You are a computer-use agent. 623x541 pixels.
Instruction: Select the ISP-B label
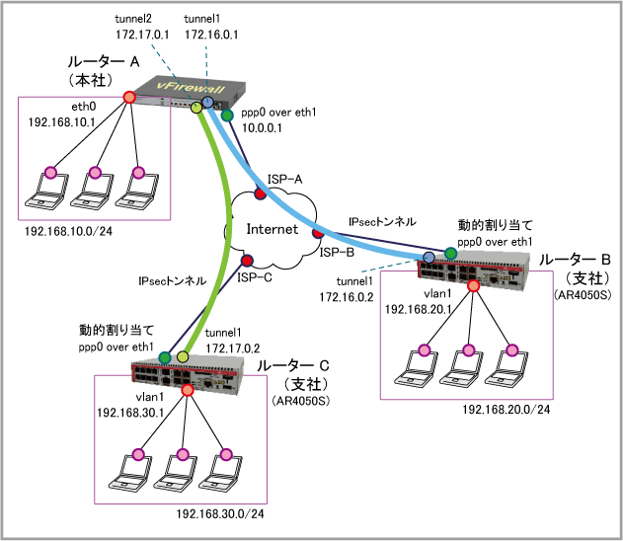click(338, 253)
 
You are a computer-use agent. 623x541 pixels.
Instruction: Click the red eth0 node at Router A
click(128, 97)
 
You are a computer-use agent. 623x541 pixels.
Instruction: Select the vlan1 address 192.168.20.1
click(419, 308)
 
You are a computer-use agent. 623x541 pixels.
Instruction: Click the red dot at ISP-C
click(247, 261)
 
